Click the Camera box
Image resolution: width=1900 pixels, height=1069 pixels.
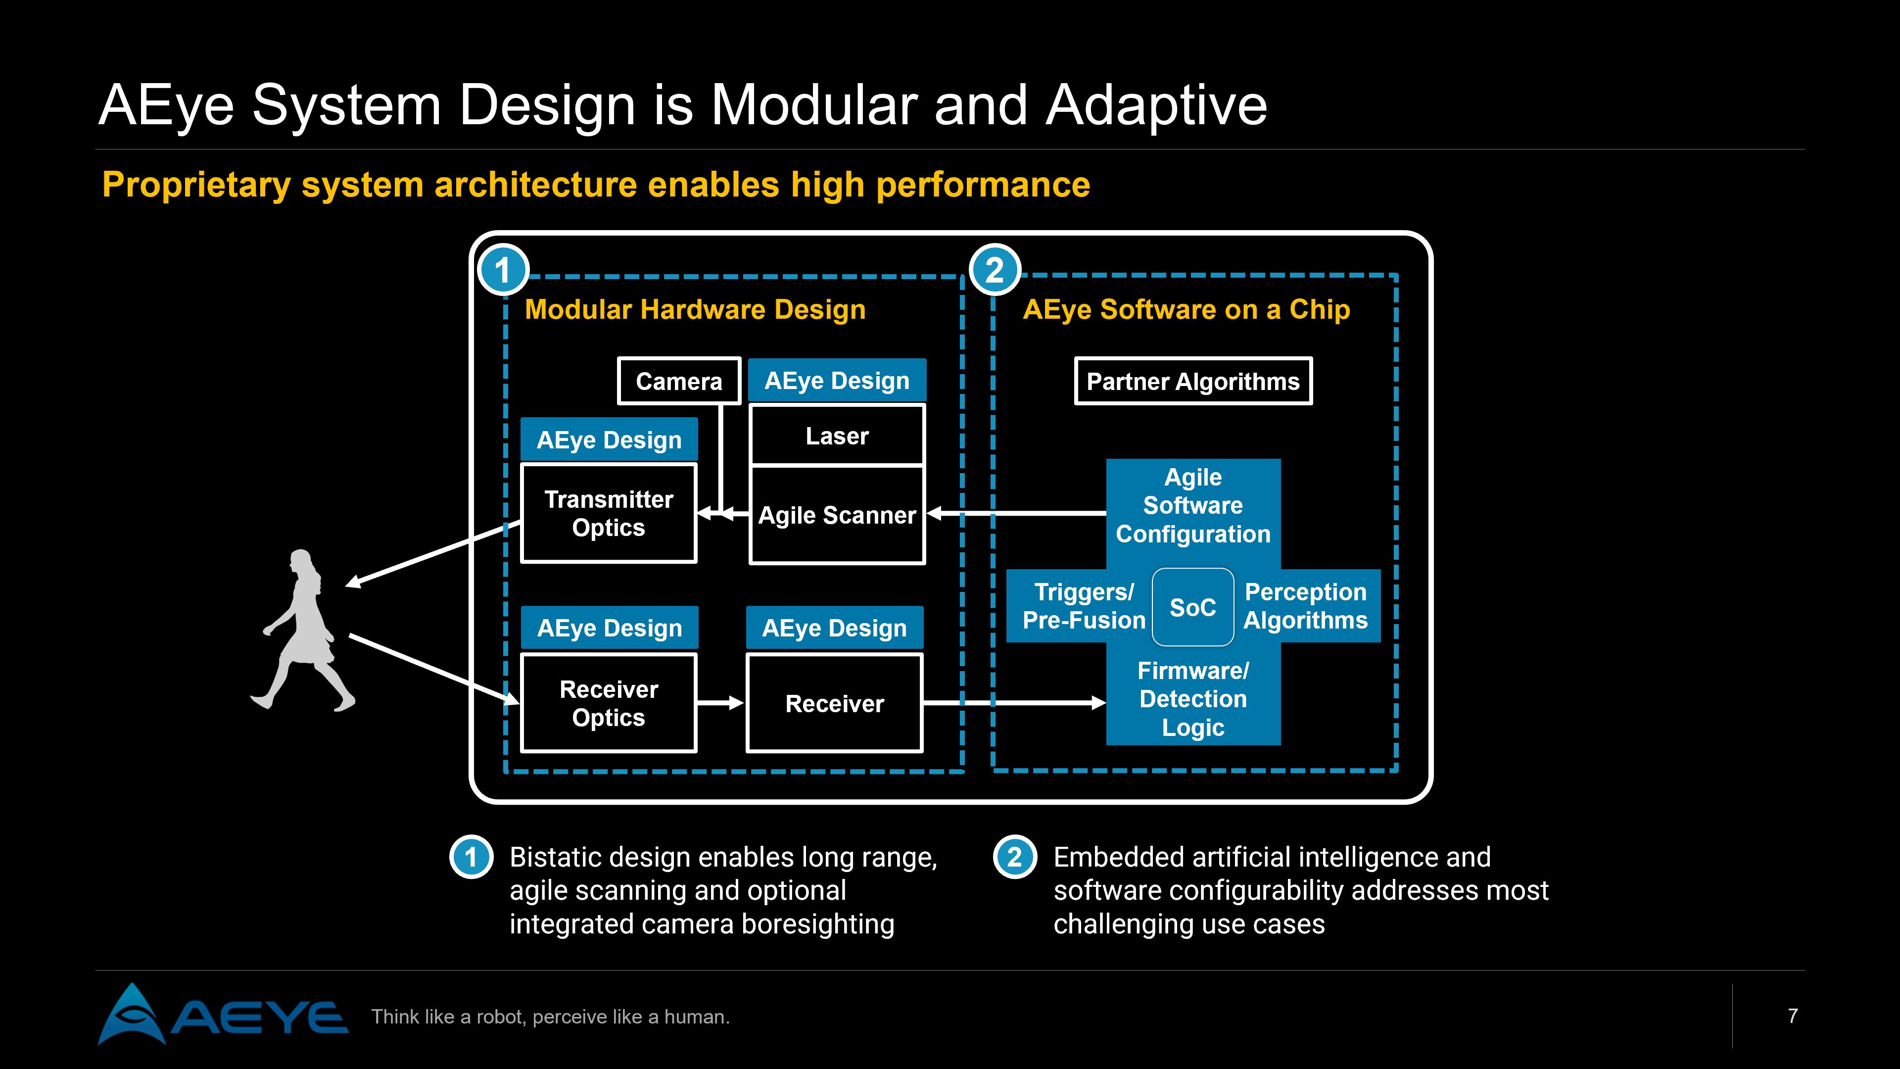(x=678, y=382)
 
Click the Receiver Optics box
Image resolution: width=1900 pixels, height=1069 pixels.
(x=609, y=703)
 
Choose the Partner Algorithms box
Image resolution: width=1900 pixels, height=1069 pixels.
(x=1192, y=382)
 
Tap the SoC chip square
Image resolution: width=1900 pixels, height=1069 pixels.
(x=1192, y=607)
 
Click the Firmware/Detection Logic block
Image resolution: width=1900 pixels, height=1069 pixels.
(x=1192, y=699)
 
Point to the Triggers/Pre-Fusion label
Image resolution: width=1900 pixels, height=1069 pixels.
(x=1084, y=606)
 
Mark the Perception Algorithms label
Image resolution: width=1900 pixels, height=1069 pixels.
(x=1306, y=606)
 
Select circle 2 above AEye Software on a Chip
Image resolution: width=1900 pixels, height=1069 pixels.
(x=994, y=271)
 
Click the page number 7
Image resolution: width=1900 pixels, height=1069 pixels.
(x=1792, y=1016)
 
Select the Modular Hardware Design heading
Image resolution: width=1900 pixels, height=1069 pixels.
(x=695, y=310)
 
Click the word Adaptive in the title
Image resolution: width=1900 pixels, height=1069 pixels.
(x=1156, y=105)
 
